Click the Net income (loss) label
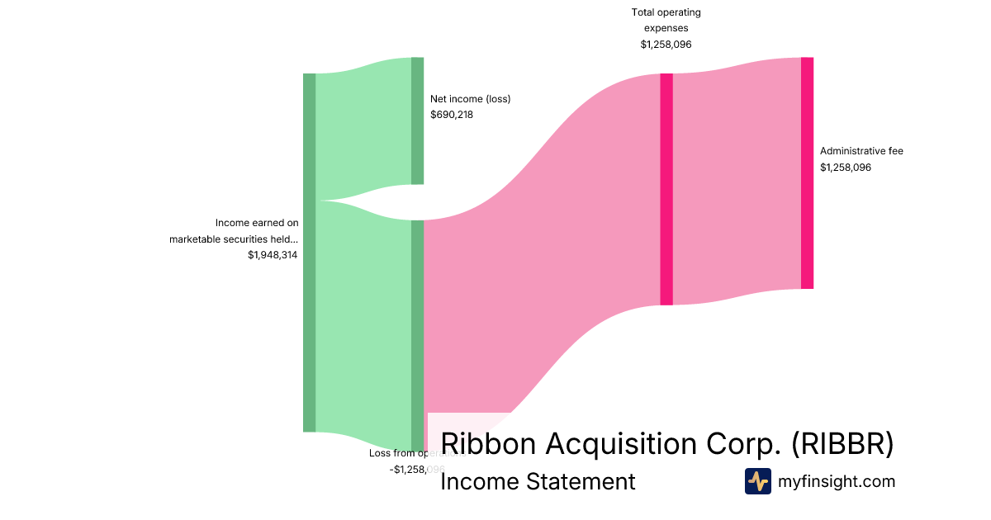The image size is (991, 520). (x=470, y=99)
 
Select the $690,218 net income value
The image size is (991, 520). (x=451, y=115)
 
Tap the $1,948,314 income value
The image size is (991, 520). (x=273, y=255)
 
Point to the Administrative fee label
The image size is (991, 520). (x=861, y=151)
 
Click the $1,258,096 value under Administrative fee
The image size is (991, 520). (x=845, y=168)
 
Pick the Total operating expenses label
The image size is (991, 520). (x=666, y=20)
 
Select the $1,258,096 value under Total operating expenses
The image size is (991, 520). (x=666, y=45)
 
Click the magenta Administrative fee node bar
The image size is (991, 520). (x=807, y=173)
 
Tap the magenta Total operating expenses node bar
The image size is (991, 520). (x=666, y=189)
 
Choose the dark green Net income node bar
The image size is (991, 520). (x=417, y=121)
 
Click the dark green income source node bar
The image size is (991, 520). (x=309, y=252)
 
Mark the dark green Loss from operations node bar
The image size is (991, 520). (x=417, y=330)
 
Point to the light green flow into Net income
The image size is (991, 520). (x=363, y=124)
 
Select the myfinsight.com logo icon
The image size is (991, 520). (x=757, y=481)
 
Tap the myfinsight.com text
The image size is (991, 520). (x=837, y=481)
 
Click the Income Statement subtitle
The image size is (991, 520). (x=538, y=481)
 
